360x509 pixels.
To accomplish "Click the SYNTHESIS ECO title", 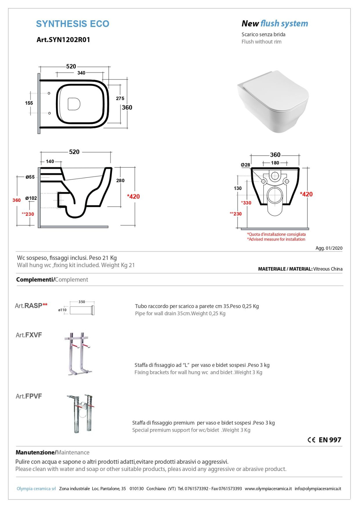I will click(73, 24).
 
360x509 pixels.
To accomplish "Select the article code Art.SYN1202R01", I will click(63, 40).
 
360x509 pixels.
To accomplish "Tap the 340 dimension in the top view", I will click(81, 73).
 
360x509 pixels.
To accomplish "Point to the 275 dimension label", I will click(120, 98).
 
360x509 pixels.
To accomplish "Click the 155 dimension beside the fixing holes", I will click(29, 103).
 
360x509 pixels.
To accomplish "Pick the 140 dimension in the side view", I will click(50, 162).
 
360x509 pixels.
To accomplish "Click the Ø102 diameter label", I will click(31, 198).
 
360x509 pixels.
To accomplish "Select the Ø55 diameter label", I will click(30, 177).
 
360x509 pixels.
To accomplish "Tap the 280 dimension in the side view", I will click(120, 181).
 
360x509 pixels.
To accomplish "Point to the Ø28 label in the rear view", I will click(245, 165).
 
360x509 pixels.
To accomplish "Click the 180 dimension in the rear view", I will click(275, 163).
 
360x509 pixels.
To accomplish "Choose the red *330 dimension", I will click(246, 203).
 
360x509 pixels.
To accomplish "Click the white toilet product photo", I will click(273, 102).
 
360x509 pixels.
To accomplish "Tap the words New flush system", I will click(274, 24).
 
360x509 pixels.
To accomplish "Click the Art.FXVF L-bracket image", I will click(78, 354).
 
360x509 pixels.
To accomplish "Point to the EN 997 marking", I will click(329, 440).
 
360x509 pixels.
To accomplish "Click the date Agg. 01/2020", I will click(329, 248).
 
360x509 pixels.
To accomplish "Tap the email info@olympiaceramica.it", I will click(318, 489).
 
